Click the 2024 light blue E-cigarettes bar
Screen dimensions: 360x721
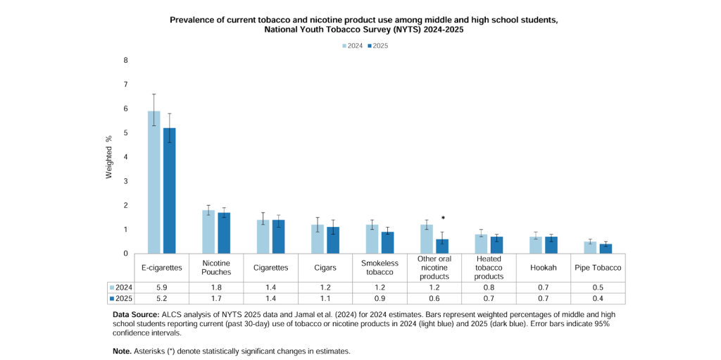153,182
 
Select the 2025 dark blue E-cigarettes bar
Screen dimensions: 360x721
169,190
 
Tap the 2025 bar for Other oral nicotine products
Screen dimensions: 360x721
442,246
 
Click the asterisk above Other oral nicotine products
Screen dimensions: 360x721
443,218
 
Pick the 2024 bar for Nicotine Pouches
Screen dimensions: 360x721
208,231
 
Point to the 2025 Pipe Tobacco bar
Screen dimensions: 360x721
606,249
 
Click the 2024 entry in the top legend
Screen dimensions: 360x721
351,46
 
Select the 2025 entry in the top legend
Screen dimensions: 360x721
377,46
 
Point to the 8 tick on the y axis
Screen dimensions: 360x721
125,61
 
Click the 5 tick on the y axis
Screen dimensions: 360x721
125,133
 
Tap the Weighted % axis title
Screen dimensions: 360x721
109,157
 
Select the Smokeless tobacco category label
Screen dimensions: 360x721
380,268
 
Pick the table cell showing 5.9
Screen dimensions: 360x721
161,287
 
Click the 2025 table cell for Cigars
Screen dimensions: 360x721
325,299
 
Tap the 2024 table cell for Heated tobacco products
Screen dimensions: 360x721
489,287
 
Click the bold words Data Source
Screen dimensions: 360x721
136,314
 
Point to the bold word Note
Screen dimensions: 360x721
122,351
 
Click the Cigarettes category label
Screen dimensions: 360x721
270,268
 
